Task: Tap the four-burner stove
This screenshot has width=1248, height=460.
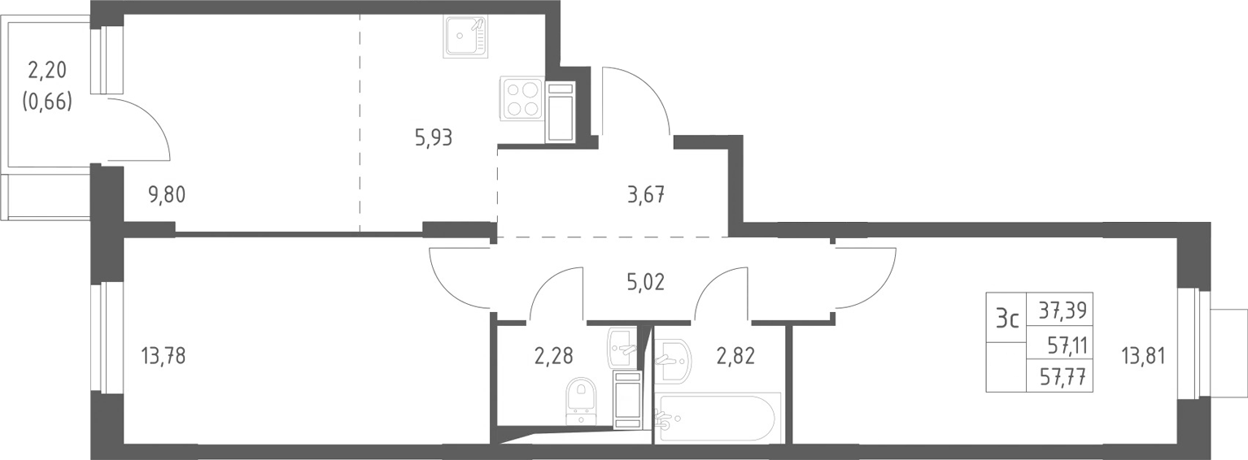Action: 521,98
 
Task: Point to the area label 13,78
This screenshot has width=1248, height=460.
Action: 164,355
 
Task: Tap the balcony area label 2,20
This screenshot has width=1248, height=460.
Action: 47,70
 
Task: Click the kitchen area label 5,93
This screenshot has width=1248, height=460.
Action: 434,137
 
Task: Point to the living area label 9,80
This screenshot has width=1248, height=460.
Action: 167,195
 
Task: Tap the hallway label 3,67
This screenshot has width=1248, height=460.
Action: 646,195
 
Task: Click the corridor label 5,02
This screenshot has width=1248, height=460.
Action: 646,282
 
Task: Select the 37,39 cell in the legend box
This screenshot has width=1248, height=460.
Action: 1063,310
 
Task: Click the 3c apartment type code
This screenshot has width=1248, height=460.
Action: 1007,320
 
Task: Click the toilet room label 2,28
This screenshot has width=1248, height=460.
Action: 553,355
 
